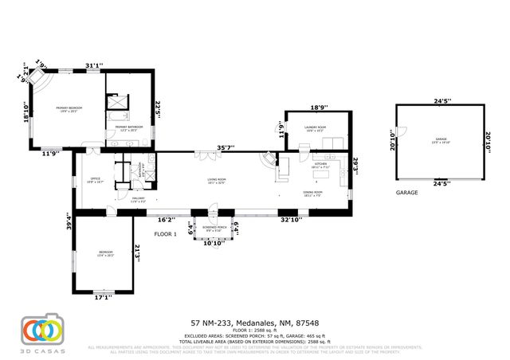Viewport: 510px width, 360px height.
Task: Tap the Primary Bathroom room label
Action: pyautogui.click(x=128, y=127)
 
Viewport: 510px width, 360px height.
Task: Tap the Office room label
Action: pyautogui.click(x=94, y=179)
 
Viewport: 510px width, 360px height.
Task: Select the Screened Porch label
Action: pyautogui.click(x=212, y=229)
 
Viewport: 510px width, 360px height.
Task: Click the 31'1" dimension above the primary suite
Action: pyautogui.click(x=94, y=66)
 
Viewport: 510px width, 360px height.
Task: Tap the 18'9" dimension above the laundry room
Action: pyautogui.click(x=318, y=108)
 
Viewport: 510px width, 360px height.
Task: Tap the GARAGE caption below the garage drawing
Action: pyautogui.click(x=407, y=193)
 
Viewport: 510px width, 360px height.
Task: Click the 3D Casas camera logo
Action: pyautogui.click(x=41, y=330)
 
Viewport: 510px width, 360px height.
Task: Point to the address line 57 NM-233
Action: pyautogui.click(x=255, y=323)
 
